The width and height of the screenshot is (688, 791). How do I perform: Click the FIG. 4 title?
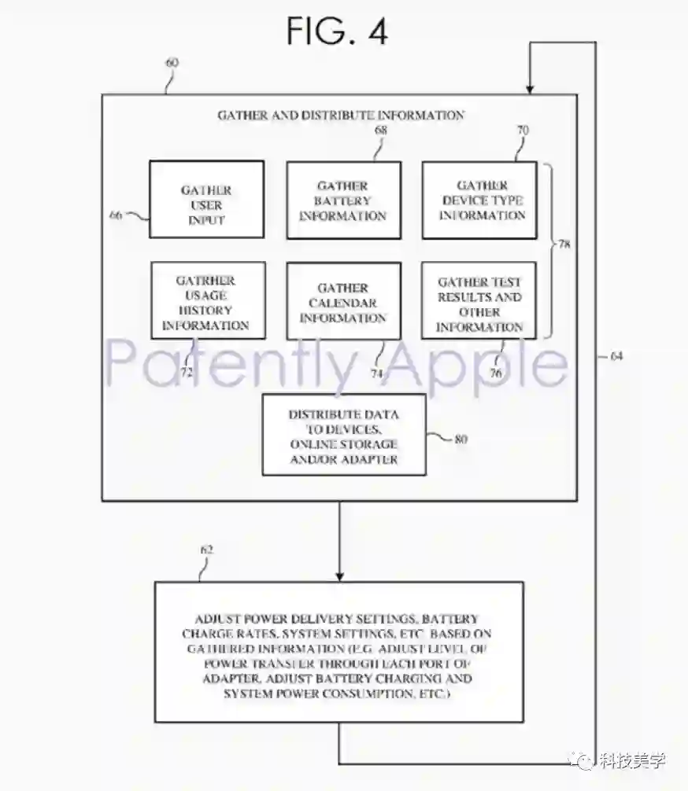tap(336, 31)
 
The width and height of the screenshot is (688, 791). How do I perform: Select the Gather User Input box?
tap(206, 200)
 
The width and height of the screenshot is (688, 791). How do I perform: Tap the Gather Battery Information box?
tap(343, 200)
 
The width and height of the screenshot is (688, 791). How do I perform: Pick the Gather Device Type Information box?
tap(479, 200)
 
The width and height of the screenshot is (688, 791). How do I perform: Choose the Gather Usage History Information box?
tap(207, 300)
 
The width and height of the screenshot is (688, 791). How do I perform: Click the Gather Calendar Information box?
tap(343, 301)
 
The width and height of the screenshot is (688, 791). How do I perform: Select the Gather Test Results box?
tap(479, 301)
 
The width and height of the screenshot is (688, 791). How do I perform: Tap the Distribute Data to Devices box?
tap(343, 435)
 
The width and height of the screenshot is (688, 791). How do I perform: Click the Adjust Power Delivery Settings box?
tap(339, 652)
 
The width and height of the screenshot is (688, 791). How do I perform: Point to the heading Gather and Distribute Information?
tap(341, 115)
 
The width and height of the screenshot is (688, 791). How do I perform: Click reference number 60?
tap(172, 62)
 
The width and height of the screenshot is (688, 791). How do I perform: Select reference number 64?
tap(616, 356)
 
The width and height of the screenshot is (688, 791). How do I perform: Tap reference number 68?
tap(381, 130)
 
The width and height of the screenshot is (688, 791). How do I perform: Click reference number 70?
tap(523, 130)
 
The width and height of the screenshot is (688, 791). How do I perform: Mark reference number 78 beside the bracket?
tap(564, 245)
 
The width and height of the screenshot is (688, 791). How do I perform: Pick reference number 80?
tap(461, 440)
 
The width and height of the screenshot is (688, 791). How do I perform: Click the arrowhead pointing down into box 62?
tap(339, 575)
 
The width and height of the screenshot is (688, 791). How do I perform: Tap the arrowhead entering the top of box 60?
tap(531, 87)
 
